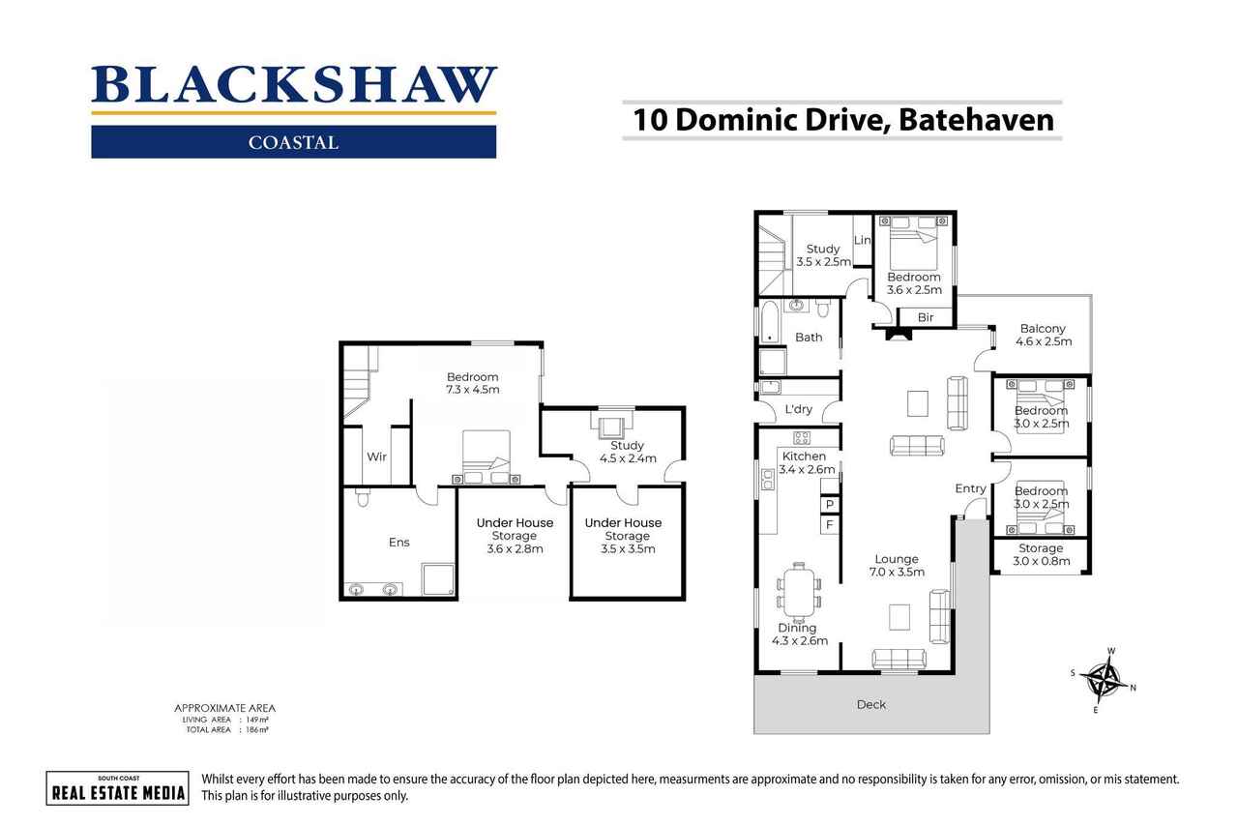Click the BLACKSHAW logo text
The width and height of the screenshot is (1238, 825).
pyautogui.click(x=293, y=85)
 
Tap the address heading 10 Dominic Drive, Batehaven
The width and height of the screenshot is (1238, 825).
pyautogui.click(x=841, y=121)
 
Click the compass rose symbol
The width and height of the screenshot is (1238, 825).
pyautogui.click(x=1103, y=678)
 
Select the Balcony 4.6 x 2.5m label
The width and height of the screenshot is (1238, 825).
pyautogui.click(x=1041, y=336)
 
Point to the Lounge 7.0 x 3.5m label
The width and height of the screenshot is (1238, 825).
pyautogui.click(x=897, y=565)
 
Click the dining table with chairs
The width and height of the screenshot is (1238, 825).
pyautogui.click(x=798, y=592)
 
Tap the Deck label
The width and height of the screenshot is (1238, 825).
pyautogui.click(x=870, y=704)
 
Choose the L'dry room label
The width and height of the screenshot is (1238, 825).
pyautogui.click(x=798, y=409)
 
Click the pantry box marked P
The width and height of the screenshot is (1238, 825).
pyautogui.click(x=829, y=505)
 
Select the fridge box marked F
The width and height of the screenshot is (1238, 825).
pyautogui.click(x=829, y=525)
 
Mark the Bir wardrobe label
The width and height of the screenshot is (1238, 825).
pyautogui.click(x=925, y=317)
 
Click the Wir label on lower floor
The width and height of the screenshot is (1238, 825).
pyautogui.click(x=376, y=457)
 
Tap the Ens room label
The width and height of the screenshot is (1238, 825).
pyautogui.click(x=398, y=543)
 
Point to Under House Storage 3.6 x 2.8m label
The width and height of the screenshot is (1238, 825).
pyautogui.click(x=515, y=536)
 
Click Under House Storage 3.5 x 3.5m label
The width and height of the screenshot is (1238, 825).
pyautogui.click(x=623, y=536)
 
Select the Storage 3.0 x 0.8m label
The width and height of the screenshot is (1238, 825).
pyautogui.click(x=1041, y=554)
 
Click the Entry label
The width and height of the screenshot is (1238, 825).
pyautogui.click(x=970, y=488)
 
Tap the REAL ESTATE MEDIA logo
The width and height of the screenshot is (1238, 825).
pyautogui.click(x=117, y=787)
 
